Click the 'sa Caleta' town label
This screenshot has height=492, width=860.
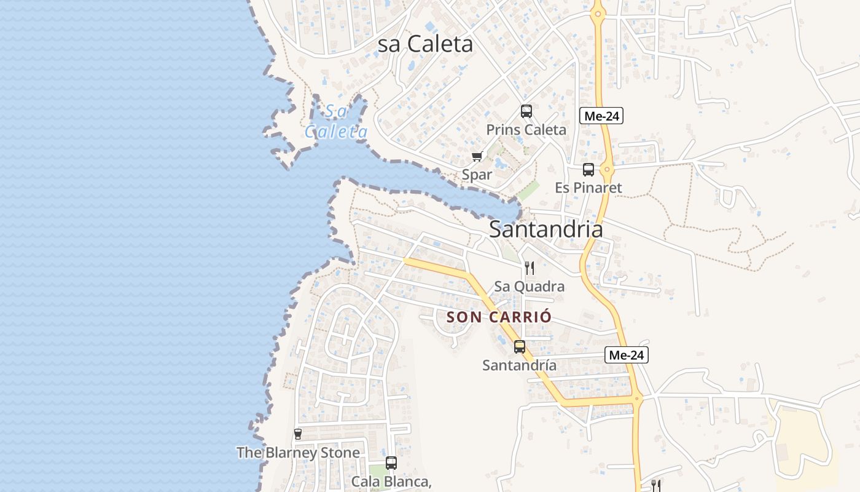[x=425, y=44]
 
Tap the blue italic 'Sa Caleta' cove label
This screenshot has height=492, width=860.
[x=337, y=122]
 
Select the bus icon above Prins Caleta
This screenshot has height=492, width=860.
[x=526, y=111]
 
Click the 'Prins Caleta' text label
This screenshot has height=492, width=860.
[x=526, y=130]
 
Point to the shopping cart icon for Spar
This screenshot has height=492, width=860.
[x=477, y=157]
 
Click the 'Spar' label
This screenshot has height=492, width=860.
[x=477, y=175]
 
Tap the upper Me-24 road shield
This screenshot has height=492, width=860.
[x=601, y=115]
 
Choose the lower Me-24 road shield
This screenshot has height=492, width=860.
[x=627, y=354]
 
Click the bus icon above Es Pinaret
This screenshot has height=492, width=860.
[x=588, y=170]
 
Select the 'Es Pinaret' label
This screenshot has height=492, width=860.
[x=588, y=188]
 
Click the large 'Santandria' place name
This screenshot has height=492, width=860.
[x=545, y=229]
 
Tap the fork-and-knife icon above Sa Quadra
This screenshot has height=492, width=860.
[x=530, y=268]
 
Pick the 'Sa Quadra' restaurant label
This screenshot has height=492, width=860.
[x=530, y=287]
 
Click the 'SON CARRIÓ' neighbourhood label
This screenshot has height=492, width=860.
[x=499, y=317]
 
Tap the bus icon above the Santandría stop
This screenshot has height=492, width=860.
[x=520, y=347]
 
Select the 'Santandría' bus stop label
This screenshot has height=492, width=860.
[x=520, y=365]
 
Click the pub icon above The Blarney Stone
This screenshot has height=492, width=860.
[x=298, y=434]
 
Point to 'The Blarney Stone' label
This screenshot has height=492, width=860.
[x=298, y=453]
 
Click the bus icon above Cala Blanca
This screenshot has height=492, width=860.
[x=391, y=462]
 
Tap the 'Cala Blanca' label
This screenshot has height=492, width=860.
[x=391, y=481]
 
